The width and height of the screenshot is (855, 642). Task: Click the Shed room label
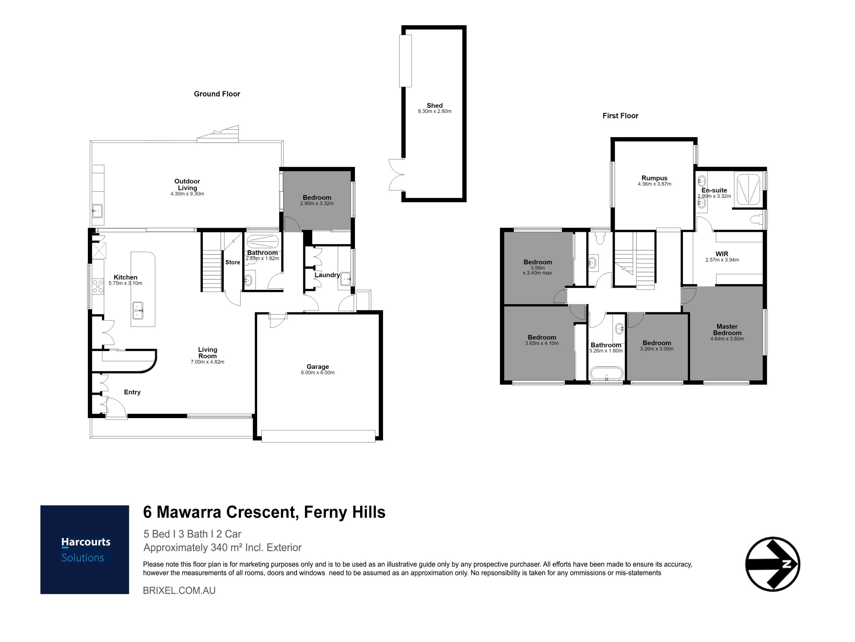tap(435, 105)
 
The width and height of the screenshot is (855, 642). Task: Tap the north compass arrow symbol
tap(772, 564)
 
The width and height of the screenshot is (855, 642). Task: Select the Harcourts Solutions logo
tap(84, 549)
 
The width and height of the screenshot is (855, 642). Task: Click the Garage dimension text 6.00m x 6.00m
tap(317, 372)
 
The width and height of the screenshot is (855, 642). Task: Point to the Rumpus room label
tap(654, 178)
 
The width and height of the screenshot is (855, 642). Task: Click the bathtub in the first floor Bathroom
tap(606, 374)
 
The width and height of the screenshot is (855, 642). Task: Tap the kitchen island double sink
tap(138, 310)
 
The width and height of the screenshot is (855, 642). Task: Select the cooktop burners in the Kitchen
tap(98, 286)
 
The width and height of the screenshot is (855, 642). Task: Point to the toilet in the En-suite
tap(757, 219)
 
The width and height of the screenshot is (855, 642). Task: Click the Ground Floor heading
tap(217, 94)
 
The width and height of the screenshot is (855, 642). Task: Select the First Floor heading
tap(621, 116)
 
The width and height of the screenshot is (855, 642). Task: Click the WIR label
tap(722, 254)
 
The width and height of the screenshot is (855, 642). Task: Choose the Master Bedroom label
tap(727, 330)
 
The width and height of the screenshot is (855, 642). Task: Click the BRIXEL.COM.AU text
tap(179, 591)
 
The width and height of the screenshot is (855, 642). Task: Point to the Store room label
tap(233, 262)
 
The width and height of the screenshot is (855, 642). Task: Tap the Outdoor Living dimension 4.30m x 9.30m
tap(187, 194)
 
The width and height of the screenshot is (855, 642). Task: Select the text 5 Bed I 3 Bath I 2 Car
tap(192, 534)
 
